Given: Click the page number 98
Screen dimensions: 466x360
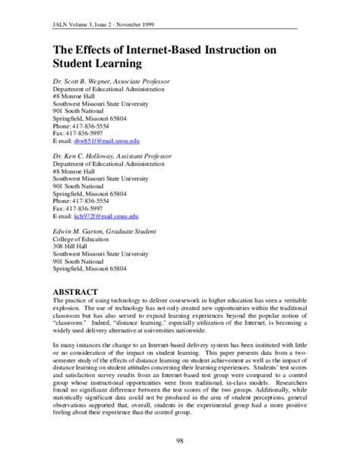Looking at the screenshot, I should pyautogui.click(x=180, y=441).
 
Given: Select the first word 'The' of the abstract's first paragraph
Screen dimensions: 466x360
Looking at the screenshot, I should pyautogui.click(x=58, y=303).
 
